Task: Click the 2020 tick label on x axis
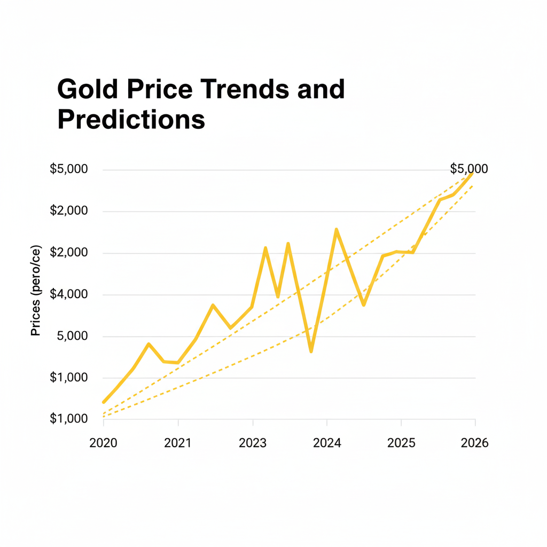coord(103,443)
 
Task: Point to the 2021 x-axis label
coord(177,443)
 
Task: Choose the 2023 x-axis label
coord(252,443)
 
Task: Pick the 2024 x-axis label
coord(326,443)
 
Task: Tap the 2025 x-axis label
coord(401,443)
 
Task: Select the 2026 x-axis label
coord(474,443)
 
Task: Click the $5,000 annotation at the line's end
coord(468,169)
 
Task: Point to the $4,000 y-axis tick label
coord(68,294)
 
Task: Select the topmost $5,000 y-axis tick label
coord(68,169)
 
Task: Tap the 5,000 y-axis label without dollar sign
coord(72,336)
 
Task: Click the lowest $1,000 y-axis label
coord(68,419)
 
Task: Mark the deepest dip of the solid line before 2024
coord(311,351)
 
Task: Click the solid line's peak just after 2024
coord(336,229)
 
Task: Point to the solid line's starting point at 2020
coord(104,402)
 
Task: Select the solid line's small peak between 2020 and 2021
coord(149,344)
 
